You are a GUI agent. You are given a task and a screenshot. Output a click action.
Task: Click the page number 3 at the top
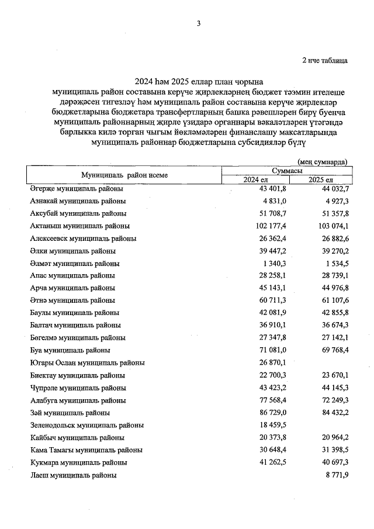pos(199,23)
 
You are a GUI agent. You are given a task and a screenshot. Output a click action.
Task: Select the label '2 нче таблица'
pos(324,60)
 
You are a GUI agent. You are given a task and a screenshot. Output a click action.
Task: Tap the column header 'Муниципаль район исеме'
pos(124,175)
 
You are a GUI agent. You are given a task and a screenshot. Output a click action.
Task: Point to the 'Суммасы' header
pos(286,170)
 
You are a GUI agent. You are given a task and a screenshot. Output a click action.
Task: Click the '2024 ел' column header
pos(255,179)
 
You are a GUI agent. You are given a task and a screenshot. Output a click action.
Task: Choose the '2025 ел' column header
pos(320,179)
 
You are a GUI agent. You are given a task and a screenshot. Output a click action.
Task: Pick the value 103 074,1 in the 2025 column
pos(330,226)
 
